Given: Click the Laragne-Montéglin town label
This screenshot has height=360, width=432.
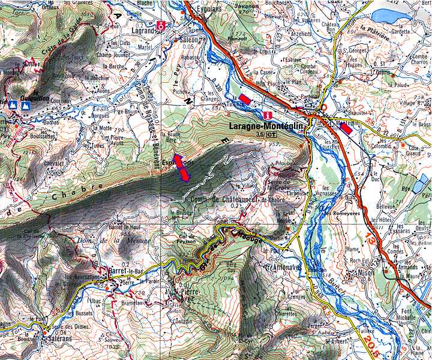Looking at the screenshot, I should point(268,127).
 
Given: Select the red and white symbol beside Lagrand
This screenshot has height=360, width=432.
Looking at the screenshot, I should point(161,25).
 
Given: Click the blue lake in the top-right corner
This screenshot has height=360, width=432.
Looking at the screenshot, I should point(389,16).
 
